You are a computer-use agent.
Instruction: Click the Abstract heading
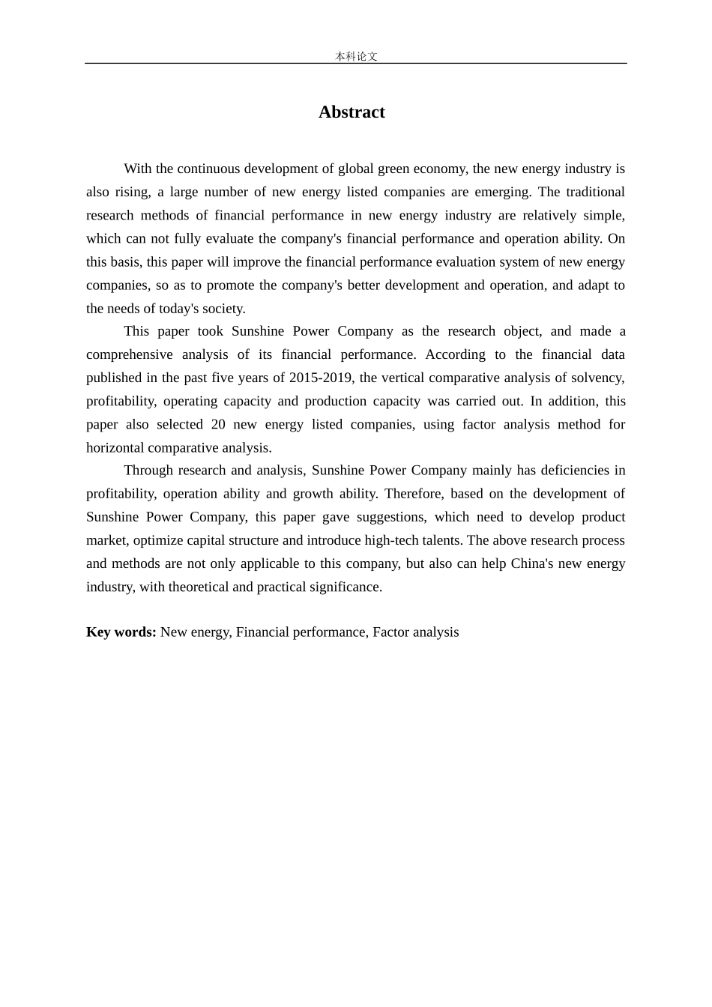coord(352,112)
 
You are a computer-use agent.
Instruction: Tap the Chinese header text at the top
coord(356,56)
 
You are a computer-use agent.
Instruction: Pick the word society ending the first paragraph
coord(223,309)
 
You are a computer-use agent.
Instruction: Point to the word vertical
coord(403,378)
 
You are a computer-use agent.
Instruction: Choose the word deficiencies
coord(575,471)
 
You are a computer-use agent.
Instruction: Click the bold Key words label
coord(121,632)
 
